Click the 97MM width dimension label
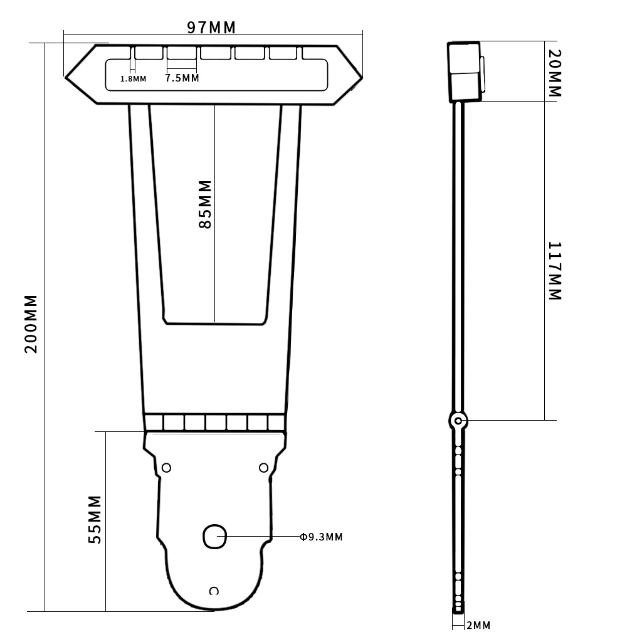coord(211,28)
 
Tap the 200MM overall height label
coord(32,324)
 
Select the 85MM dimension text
coord(205,204)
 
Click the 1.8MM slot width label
coord(133,79)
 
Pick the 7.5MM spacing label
coord(182,78)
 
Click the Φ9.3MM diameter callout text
coord(321,537)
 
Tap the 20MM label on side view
coord(554,73)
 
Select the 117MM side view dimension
coord(555,271)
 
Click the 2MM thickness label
coord(478,625)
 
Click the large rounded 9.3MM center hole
coord(214,537)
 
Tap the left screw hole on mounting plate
coord(167,468)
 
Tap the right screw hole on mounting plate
coord(263,468)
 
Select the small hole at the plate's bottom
coord(214,591)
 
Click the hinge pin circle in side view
coord(459,420)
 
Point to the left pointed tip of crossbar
coord(66,76)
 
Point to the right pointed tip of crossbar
coord(360,76)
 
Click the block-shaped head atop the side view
coord(464,71)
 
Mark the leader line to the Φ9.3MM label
coord(263,537)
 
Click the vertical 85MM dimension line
coord(214,270)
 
